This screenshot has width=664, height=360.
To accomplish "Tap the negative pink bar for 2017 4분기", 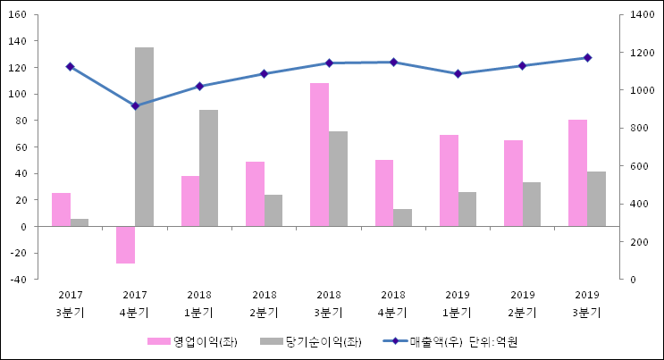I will tap(125, 245).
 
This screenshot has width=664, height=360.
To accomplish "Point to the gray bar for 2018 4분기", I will tap(402, 217).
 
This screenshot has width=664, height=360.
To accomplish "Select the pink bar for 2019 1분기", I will tap(449, 180).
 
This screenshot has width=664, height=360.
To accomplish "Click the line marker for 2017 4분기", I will tap(135, 105).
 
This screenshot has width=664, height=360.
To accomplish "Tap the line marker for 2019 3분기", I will tap(587, 57).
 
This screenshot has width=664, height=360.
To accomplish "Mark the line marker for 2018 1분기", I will tap(199, 86).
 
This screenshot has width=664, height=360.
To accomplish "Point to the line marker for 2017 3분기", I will tap(70, 66).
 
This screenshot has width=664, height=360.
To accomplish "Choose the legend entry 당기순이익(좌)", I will tap(311, 342).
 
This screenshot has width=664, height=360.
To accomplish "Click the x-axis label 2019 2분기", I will tap(523, 304).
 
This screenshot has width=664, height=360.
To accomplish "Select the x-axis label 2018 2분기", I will tap(265, 304).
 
